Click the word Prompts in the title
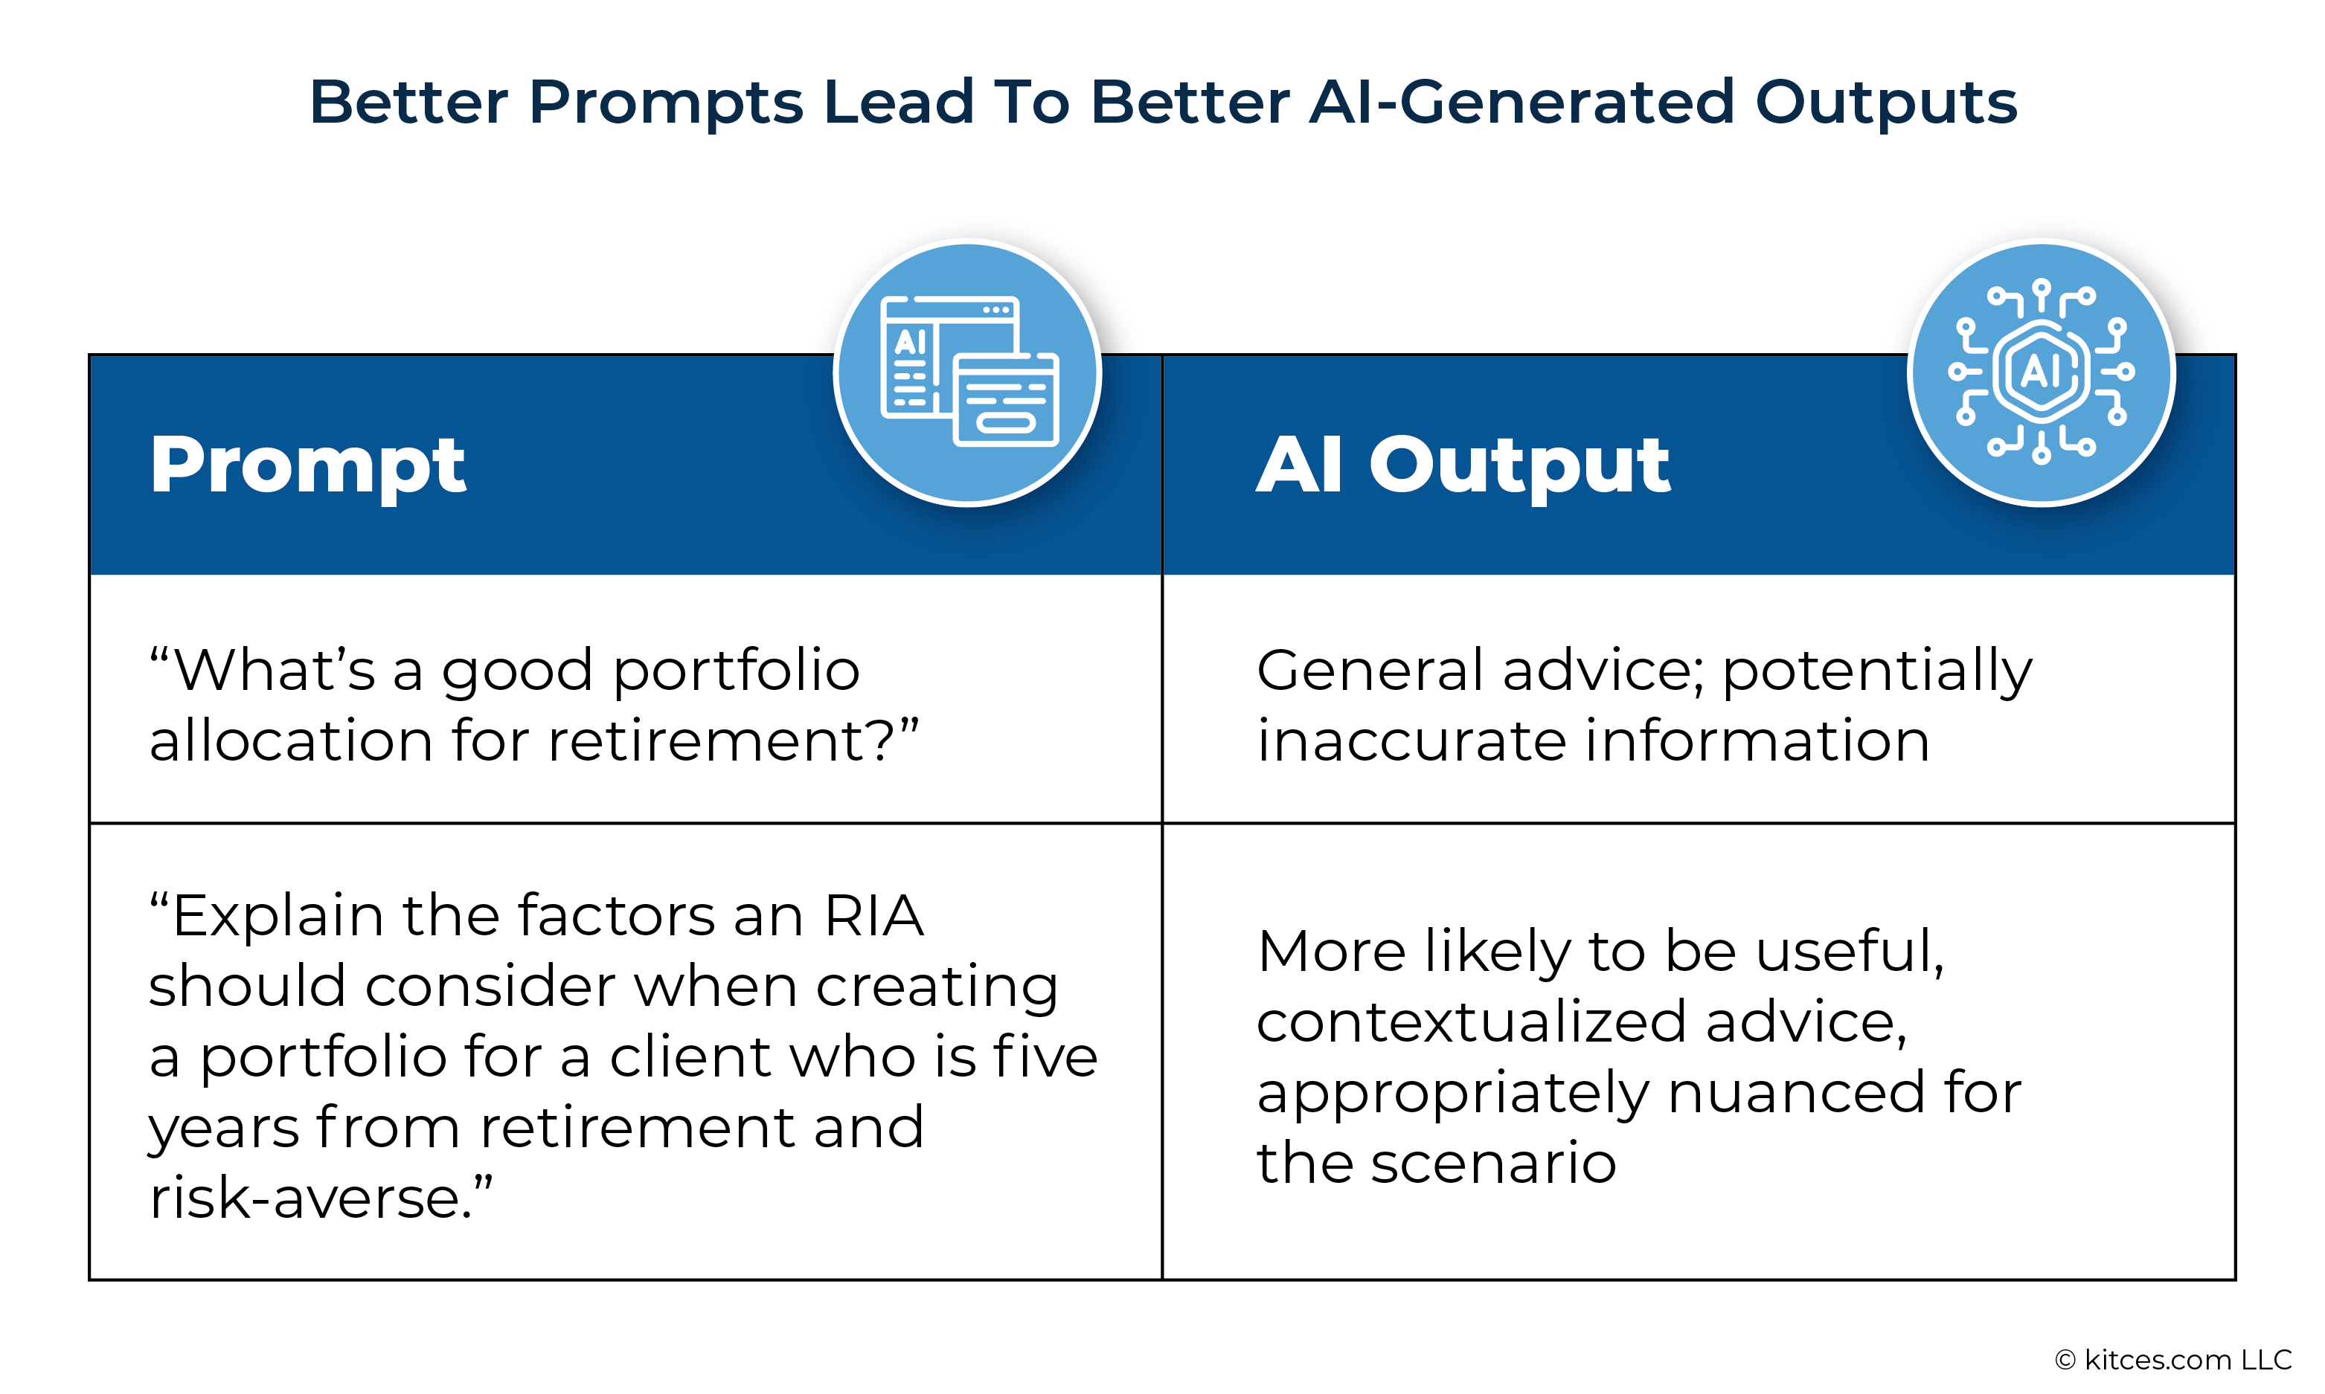(x=667, y=104)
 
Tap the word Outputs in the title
(x=1886, y=104)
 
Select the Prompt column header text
(x=307, y=467)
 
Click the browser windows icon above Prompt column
(x=969, y=372)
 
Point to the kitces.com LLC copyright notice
(x=2172, y=1359)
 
